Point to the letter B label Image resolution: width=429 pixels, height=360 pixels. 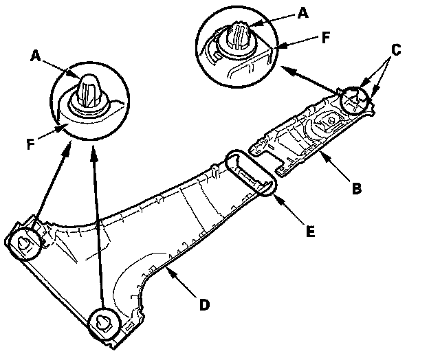[355, 187]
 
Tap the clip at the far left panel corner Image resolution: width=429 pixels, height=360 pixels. [24, 240]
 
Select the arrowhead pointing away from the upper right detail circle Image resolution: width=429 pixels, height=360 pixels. [281, 68]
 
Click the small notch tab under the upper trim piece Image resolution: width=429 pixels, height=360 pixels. [283, 164]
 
